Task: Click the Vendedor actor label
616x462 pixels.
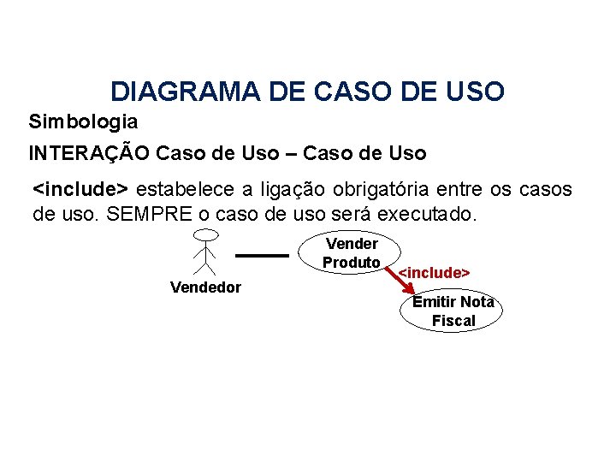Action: point(205,287)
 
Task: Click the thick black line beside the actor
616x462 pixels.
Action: point(262,255)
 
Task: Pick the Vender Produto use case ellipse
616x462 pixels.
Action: point(351,253)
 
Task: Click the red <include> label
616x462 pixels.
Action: point(435,272)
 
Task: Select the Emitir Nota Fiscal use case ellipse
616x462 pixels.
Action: point(453,311)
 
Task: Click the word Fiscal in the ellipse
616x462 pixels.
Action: point(453,322)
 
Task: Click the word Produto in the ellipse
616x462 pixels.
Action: point(352,263)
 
